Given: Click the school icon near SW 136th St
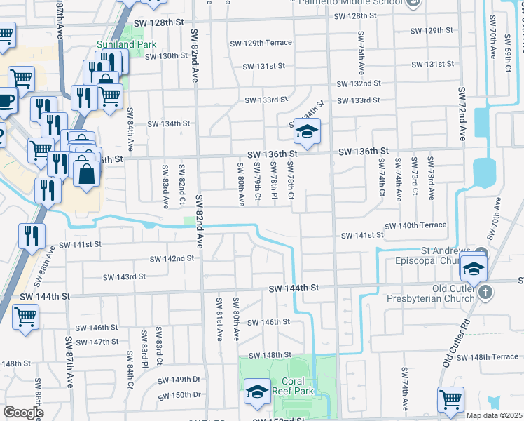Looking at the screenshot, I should click(x=306, y=131).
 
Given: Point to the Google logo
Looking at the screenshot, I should click(x=23, y=413).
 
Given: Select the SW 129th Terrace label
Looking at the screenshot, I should click(x=261, y=43).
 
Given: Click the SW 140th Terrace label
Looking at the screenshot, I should click(x=414, y=225).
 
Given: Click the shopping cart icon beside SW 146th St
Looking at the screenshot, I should click(x=25, y=316).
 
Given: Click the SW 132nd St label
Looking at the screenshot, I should click(x=359, y=83).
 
